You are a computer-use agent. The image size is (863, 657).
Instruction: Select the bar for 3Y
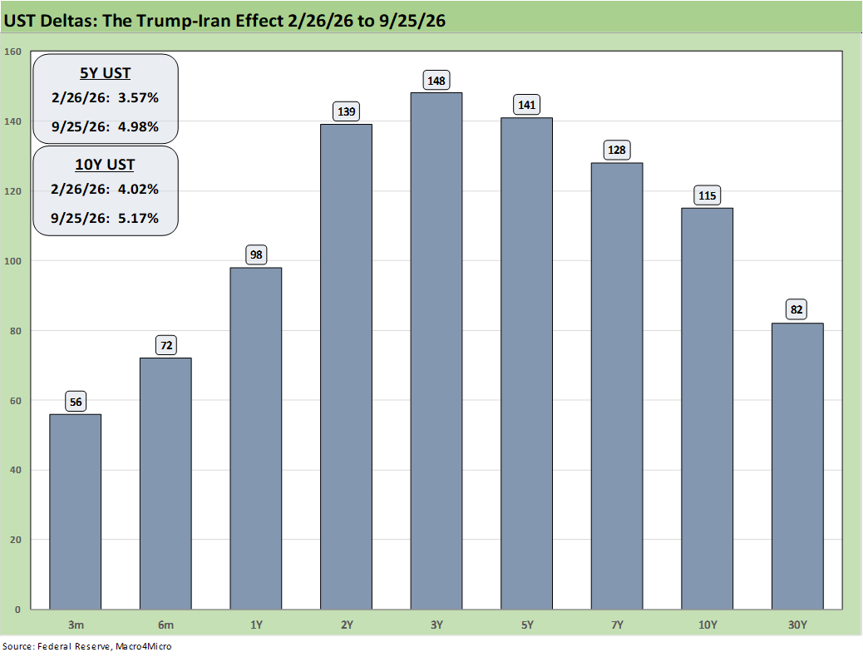[436, 351]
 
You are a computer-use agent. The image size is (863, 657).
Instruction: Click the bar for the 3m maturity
[76, 511]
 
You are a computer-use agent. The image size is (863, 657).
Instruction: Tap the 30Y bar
[797, 466]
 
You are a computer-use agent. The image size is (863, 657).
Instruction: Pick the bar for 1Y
[256, 438]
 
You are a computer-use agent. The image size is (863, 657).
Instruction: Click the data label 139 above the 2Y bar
[346, 111]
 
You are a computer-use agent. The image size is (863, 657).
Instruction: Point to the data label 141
[527, 105]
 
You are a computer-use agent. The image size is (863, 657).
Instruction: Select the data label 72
[166, 345]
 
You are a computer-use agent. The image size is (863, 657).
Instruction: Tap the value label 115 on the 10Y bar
[708, 195]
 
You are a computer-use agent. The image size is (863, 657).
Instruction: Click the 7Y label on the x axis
[617, 625]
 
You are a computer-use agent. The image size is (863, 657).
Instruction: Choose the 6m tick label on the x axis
[165, 625]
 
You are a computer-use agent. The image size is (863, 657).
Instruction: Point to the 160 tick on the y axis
[12, 52]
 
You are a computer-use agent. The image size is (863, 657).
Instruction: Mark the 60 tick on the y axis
[16, 400]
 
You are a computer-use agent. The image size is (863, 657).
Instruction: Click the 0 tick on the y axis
[18, 609]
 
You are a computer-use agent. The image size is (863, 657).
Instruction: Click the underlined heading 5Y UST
[105, 73]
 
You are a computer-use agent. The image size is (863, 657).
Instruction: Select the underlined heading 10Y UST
[105, 165]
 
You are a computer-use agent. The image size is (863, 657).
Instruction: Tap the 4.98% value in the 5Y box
[138, 126]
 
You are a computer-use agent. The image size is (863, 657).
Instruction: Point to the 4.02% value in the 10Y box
[138, 189]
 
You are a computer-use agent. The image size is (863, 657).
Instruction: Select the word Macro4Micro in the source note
[143, 646]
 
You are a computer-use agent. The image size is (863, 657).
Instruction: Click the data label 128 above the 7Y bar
[617, 150]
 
